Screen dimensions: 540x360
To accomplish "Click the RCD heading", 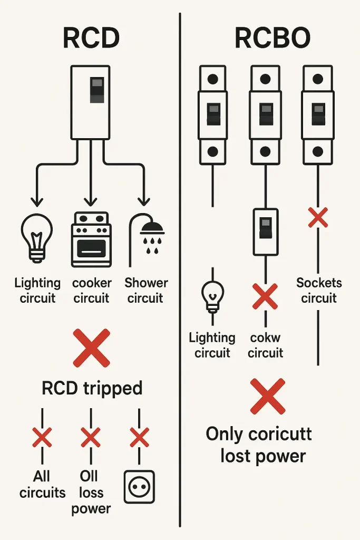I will tap(91, 38).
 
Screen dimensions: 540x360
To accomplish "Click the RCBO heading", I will tap(272, 38).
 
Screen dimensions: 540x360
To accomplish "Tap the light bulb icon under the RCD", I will tap(37, 238).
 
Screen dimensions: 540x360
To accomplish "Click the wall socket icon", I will tap(140, 486).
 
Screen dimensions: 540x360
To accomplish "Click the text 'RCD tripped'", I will tap(92, 389).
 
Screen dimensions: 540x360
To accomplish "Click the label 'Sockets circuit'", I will tap(319, 290).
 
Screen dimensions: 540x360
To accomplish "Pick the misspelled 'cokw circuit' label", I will tap(265, 345).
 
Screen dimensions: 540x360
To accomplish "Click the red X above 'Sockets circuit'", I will tap(318, 217).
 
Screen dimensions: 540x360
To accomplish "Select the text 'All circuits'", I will tap(42, 485).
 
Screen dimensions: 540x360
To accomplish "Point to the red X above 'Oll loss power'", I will tap(91, 437).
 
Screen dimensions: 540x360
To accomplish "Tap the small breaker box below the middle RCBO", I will tap(265, 231).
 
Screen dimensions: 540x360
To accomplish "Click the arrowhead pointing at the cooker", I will tap(91, 201).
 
